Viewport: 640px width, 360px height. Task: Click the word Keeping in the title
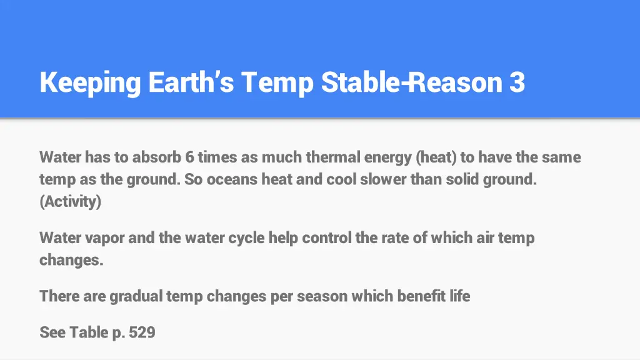[x=90, y=83]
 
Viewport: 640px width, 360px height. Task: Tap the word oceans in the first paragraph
[x=232, y=180]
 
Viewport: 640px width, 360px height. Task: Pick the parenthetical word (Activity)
[x=70, y=202]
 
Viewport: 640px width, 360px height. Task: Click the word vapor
[x=99, y=238]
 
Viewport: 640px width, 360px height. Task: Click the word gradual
[x=136, y=296]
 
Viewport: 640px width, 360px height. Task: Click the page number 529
[x=142, y=332]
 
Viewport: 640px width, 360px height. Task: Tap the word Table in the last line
[x=89, y=332]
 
